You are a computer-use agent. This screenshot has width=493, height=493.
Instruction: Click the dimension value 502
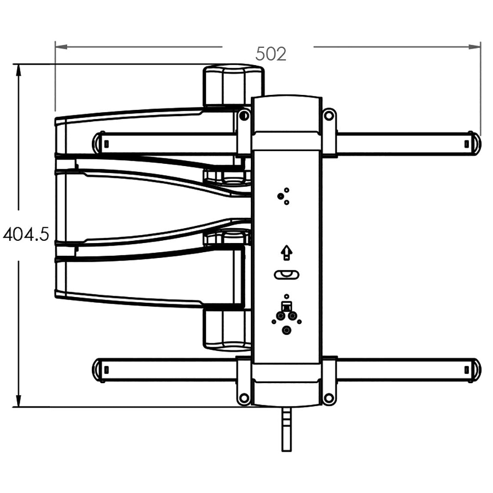point(271,54)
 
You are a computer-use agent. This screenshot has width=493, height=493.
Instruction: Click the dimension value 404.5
point(25,235)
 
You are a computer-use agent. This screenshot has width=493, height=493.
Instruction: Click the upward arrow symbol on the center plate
point(286,253)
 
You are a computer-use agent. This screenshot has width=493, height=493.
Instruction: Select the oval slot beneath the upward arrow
point(286,275)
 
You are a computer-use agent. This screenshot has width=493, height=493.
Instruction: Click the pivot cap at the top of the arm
point(233,84)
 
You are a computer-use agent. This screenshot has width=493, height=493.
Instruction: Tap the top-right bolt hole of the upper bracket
point(328,116)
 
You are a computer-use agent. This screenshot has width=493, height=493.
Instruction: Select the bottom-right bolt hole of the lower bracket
point(328,398)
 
